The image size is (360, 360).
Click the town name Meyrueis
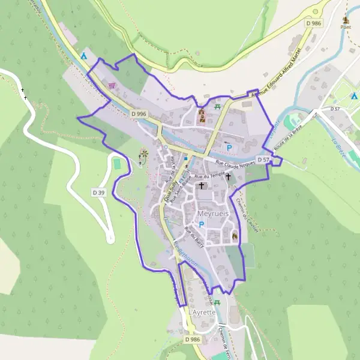pos(213,214)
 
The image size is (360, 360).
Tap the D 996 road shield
pos(139,113)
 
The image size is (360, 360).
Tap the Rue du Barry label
pos(194,236)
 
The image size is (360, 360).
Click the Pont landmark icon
pos(346,20)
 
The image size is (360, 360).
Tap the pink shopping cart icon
pos(111,86)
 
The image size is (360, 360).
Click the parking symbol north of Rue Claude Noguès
pos(228,146)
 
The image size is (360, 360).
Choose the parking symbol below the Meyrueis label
pos(202,225)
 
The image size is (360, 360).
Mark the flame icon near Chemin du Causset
pos(235,236)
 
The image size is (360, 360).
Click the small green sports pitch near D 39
pos(116,163)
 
